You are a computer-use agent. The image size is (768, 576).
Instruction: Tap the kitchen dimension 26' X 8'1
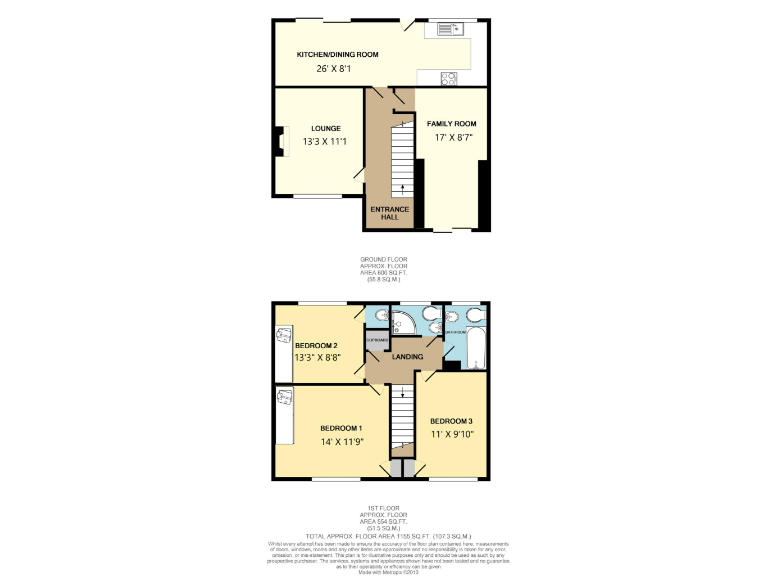click(334, 69)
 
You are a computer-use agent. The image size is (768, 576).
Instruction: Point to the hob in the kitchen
click(448, 76)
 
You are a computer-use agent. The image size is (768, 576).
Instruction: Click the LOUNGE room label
click(325, 128)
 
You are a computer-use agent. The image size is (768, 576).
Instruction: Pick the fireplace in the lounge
click(275, 142)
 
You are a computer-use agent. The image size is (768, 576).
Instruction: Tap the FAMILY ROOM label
click(452, 123)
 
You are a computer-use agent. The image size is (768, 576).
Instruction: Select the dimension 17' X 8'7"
click(452, 138)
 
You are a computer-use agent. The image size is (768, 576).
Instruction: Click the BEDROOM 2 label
click(316, 345)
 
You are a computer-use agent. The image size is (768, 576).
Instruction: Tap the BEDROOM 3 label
click(451, 420)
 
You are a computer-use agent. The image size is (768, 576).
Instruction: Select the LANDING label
click(407, 357)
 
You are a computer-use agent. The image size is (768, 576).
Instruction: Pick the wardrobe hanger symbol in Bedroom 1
click(283, 399)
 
